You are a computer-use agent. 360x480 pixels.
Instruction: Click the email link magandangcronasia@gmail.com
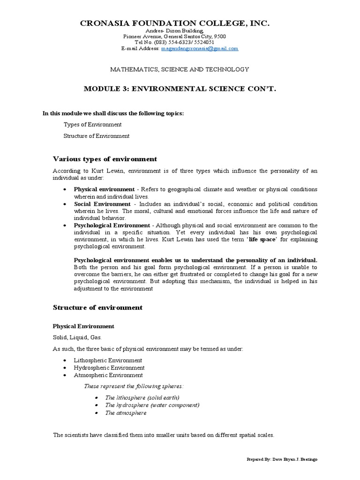(x=200, y=48)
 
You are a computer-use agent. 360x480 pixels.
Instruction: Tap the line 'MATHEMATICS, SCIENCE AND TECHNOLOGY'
(x=180, y=69)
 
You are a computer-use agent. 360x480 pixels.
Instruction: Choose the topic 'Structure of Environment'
(x=96, y=136)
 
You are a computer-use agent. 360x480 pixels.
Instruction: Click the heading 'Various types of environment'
(x=105, y=159)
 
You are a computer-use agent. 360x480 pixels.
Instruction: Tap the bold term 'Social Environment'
(x=102, y=204)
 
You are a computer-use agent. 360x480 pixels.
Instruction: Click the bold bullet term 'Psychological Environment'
(x=112, y=225)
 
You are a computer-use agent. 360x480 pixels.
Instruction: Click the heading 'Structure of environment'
(x=97, y=307)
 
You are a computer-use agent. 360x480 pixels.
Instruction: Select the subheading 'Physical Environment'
(x=83, y=326)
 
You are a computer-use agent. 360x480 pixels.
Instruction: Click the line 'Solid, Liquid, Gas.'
(x=77, y=337)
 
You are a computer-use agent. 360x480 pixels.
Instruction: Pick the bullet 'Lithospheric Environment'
(x=108, y=360)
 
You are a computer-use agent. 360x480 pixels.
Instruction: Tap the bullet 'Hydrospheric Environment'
(x=109, y=367)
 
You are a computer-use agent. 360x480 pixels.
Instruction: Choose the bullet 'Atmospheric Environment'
(x=108, y=375)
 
